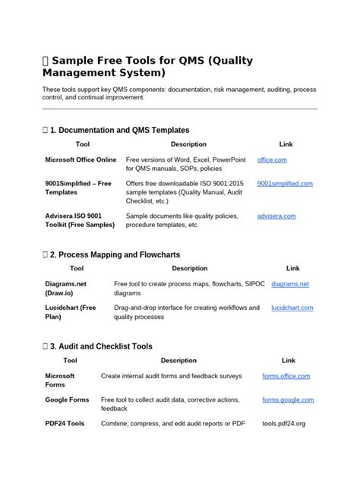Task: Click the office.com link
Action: point(272,160)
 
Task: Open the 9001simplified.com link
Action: point(285,184)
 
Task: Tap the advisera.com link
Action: point(279,216)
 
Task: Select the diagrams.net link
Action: point(290,284)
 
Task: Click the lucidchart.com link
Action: point(292,308)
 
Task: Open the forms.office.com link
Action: point(286,376)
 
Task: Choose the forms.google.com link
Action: point(288,399)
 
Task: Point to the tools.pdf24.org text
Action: point(283,423)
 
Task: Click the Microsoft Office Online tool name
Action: point(81,160)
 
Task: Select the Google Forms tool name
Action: point(67,399)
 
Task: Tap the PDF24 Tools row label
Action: point(65,423)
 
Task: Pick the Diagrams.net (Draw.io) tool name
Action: point(66,288)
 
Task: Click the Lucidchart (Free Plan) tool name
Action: point(71,312)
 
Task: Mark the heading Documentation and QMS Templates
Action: point(119,131)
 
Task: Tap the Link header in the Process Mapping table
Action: point(293,268)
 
